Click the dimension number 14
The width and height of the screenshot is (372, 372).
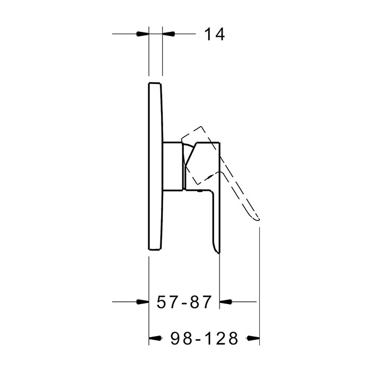point(214,35)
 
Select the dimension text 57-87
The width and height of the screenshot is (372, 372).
point(184,302)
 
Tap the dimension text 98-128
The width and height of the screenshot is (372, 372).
point(204,338)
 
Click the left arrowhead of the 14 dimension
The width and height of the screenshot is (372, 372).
point(143,34)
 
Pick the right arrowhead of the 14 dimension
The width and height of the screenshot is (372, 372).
point(168,34)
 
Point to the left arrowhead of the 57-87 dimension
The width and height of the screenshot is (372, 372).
point(143,302)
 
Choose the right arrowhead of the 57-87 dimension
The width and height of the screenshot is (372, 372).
point(226,302)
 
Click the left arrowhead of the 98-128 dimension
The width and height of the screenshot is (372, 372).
point(155,338)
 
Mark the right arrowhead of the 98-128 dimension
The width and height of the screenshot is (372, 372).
point(253,338)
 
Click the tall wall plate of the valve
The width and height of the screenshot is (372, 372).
point(155,166)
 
